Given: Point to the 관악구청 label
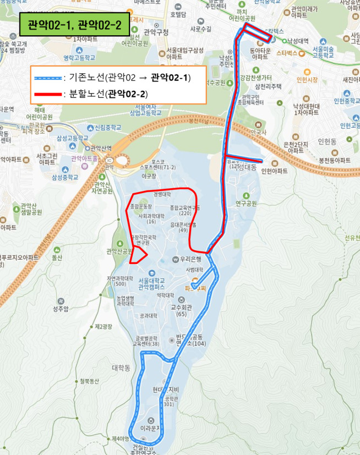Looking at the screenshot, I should click(x=156, y=32).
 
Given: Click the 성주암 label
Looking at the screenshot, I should click(x=61, y=309).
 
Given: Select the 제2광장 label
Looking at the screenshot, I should click(x=103, y=327).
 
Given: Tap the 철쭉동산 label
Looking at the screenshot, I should click(x=89, y=380).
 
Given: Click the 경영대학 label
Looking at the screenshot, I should click(x=162, y=194).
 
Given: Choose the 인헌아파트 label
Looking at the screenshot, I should click(x=274, y=171).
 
